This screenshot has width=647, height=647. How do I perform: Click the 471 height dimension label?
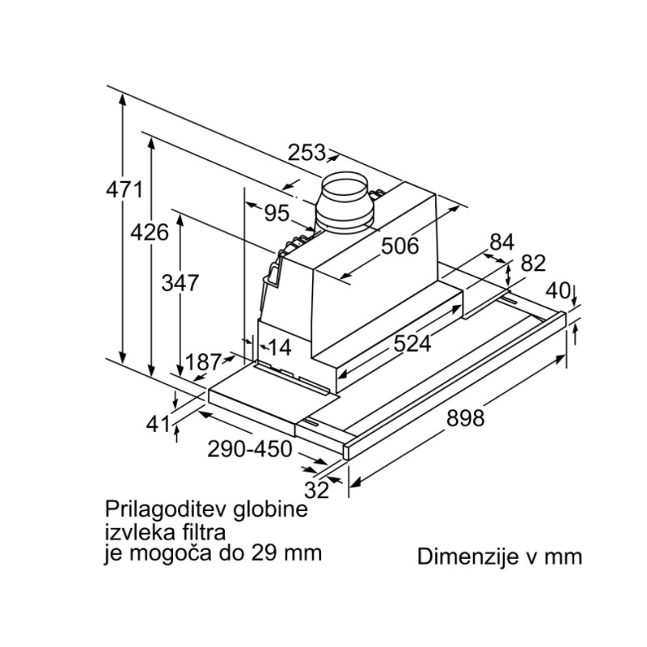click(x=125, y=190)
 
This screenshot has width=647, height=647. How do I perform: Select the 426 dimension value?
click(x=150, y=232)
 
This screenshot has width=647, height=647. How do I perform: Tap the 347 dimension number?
click(x=180, y=283)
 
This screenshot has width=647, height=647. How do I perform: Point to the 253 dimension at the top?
click(x=307, y=153)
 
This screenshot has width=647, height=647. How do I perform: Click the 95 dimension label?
click(x=277, y=213)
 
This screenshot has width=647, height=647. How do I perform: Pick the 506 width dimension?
click(x=400, y=246)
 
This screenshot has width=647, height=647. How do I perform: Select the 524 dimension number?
click(x=412, y=343)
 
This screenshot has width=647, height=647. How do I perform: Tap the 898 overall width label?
click(x=466, y=418)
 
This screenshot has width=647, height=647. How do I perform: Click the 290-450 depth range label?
click(x=250, y=449)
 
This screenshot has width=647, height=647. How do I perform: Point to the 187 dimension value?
click(x=204, y=362)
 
